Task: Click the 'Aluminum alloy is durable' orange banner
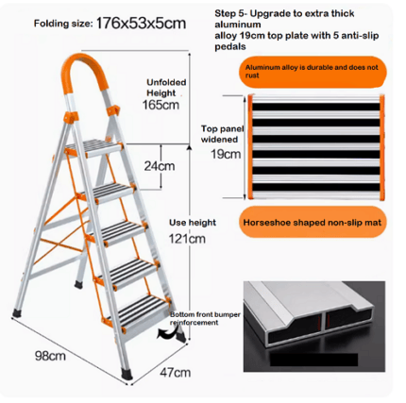coord(315,74)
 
